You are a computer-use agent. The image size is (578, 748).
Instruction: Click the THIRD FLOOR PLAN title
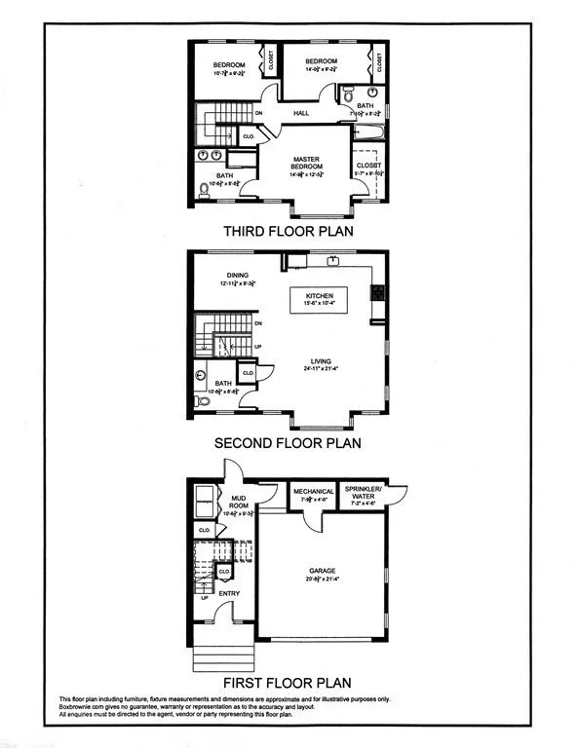point(288,232)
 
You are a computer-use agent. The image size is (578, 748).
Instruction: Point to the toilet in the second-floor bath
point(202,400)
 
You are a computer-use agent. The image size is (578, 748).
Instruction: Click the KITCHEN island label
point(320,295)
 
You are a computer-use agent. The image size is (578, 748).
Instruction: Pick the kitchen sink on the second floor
point(332,260)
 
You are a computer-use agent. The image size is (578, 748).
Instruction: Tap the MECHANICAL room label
point(314,492)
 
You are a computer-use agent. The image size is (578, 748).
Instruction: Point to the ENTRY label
point(229,592)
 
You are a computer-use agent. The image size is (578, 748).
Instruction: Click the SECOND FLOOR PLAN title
point(288,442)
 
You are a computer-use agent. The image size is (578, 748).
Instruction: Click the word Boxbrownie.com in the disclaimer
point(89,707)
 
